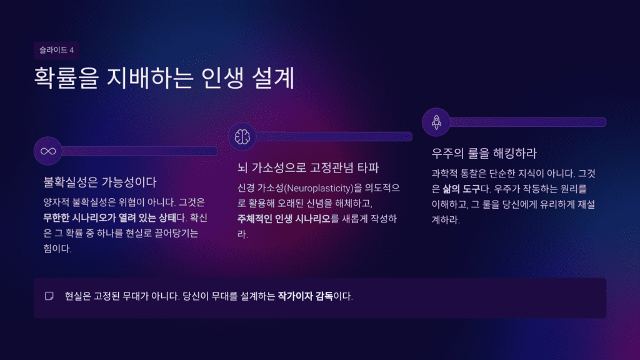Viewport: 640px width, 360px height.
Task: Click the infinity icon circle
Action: [47, 151]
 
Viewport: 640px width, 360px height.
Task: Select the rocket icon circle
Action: [436, 122]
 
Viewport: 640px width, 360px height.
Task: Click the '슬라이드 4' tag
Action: [56, 51]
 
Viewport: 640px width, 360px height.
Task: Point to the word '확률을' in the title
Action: [70, 80]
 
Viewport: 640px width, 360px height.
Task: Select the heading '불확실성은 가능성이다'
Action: [99, 182]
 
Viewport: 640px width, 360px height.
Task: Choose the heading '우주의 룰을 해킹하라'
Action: [484, 153]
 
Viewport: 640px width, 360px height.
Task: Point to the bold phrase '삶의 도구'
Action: [461, 188]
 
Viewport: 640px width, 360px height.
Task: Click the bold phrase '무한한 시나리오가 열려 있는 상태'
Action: [105, 218]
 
